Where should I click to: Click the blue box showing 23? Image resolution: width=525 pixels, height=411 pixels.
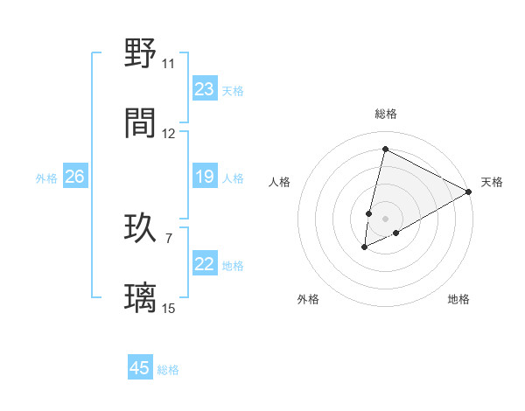205,89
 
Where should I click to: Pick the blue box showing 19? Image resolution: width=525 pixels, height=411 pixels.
205,178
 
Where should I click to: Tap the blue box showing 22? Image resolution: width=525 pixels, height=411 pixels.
205,265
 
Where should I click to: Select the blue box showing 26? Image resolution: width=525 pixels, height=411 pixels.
74,178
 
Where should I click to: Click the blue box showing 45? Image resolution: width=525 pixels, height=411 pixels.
140,368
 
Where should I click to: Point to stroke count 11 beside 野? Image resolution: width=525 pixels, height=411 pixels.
168,64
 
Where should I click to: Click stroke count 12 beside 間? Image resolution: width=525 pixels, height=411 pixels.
169,133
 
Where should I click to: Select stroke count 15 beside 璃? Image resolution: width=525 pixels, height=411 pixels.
169,307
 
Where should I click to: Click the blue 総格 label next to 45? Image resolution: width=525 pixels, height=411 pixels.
168,370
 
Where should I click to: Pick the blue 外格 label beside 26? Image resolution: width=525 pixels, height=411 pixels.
46,178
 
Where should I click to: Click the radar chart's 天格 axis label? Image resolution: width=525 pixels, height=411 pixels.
492,182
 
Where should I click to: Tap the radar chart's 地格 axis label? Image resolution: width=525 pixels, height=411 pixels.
458,299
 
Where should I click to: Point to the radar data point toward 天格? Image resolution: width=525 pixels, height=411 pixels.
469,191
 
